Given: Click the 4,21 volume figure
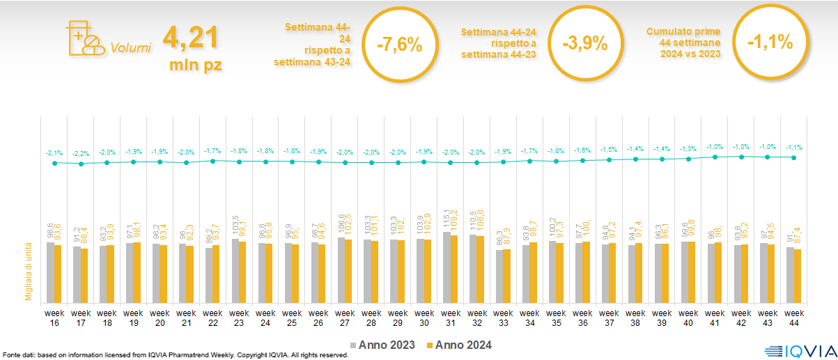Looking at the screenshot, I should [192, 38].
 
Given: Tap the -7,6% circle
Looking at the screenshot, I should [399, 45].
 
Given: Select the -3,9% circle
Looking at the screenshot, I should [584, 45].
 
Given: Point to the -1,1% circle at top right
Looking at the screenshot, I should [770, 42].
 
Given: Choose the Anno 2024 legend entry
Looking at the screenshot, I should [460, 345].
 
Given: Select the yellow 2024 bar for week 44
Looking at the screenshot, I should [798, 275].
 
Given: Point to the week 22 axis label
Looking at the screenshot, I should [212, 317].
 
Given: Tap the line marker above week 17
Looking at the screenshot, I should [81, 164].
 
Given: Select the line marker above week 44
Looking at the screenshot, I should [793, 157].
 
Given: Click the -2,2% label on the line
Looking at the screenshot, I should [81, 153].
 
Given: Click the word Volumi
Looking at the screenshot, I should [130, 49].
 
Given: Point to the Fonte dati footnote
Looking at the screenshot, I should [174, 355].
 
